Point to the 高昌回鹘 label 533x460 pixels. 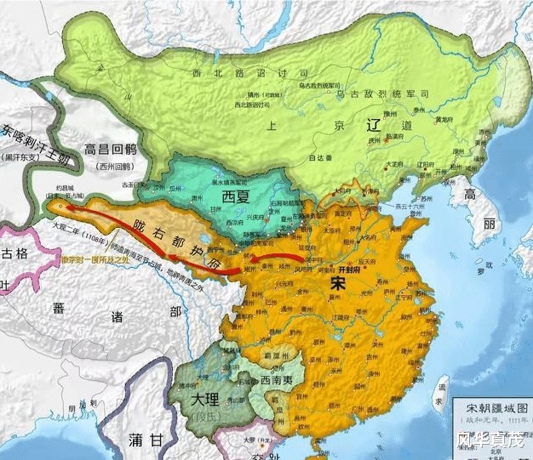[x=117, y=150]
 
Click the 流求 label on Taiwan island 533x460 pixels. [x=440, y=393]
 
